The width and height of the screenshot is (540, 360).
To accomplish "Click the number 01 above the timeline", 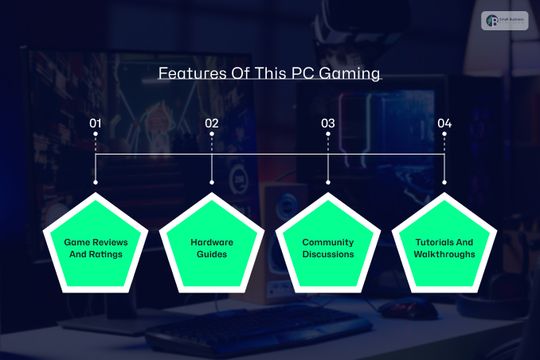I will pos(96,123).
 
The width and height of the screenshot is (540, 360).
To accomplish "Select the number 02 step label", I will pos(212,123).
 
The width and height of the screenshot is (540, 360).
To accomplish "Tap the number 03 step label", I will pos(328,123).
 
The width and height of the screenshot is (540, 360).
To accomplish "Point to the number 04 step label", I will pos(444,123).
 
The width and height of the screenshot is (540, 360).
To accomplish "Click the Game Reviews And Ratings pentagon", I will pos(96,248).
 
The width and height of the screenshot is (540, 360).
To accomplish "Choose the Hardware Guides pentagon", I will pos(212,248).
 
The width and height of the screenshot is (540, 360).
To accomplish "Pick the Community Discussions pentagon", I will pos(328,248).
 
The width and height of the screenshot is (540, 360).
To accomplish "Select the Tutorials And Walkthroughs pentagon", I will pos(444,248).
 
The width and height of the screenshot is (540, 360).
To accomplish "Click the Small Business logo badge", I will pos(504,20).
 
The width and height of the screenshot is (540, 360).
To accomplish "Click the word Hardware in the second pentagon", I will pos(212,241).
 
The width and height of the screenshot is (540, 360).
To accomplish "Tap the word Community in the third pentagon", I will pos(328,241).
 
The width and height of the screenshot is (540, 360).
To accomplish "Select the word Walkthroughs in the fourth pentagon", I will pos(444,254).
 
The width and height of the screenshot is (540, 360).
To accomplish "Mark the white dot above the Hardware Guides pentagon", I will pos(212,182).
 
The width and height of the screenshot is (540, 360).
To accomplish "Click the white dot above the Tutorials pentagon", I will pos(444,182).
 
